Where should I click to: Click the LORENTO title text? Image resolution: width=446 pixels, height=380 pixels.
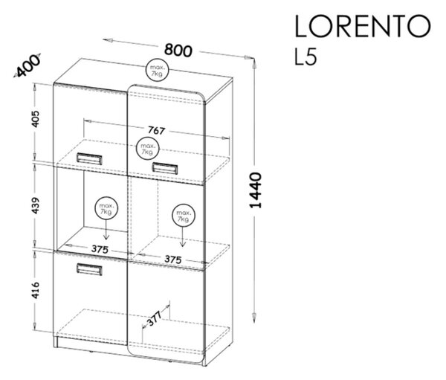click(362, 26)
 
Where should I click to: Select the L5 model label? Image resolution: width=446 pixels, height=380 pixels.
click(306, 57)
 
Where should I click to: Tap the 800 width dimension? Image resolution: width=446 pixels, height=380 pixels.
click(178, 50)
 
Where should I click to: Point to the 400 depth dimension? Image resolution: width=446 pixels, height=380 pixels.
click(28, 65)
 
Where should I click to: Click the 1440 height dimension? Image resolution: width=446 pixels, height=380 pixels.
click(255, 190)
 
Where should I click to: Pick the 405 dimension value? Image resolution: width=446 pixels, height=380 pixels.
click(35, 119)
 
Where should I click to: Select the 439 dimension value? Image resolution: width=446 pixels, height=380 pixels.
click(35, 205)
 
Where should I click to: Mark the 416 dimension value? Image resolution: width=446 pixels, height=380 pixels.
click(35, 290)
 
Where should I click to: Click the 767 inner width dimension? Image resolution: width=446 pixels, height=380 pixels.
click(156, 130)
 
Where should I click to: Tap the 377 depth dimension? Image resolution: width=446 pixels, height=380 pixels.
click(155, 319)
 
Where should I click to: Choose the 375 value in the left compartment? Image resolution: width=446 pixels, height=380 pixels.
click(100, 249)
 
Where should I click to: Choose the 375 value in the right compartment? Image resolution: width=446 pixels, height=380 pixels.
click(173, 260)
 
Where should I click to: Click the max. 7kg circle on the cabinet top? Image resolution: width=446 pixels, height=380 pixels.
click(157, 71)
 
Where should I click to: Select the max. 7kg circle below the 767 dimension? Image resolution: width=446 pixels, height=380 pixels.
click(148, 149)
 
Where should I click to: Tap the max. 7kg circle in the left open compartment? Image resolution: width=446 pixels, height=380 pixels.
click(106, 209)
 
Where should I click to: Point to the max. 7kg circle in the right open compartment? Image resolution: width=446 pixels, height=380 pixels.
click(184, 216)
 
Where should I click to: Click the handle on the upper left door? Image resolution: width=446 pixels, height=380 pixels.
click(89, 158)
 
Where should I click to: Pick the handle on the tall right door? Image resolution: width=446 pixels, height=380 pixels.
click(165, 167)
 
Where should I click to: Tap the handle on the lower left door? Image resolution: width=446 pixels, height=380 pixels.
click(89, 269)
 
